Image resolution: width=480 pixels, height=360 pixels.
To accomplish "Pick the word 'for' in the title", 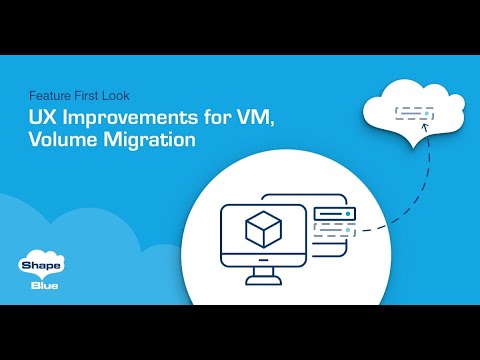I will tap(220, 118).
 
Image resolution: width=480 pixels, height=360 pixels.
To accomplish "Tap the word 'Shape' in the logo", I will tap(37, 266).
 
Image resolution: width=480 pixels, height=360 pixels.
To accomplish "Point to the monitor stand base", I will tap(265, 280).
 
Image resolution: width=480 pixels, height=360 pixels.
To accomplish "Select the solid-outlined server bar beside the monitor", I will tap(334, 214).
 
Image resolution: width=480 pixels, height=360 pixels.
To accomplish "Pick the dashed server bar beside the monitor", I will tap(334, 232).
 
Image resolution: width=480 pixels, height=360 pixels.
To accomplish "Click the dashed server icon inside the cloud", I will tap(415, 113).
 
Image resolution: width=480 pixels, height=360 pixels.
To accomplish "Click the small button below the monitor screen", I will tap(265, 259).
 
